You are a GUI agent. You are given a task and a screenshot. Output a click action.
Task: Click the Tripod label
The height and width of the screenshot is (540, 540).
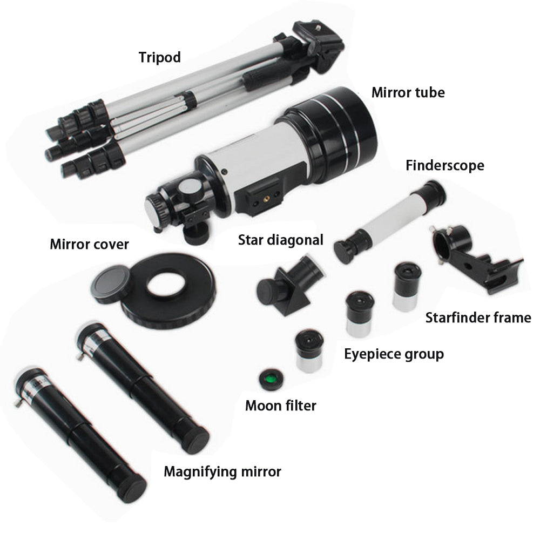click(159, 58)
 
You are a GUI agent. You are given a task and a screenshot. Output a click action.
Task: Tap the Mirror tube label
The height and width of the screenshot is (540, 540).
click(408, 92)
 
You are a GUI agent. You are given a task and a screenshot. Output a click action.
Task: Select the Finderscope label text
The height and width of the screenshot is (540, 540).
click(445, 165)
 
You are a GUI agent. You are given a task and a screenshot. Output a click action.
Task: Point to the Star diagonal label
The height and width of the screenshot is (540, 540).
click(281, 240)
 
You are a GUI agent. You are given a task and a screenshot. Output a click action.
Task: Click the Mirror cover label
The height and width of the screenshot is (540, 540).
click(89, 244)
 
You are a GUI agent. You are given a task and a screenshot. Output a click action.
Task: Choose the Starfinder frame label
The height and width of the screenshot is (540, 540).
click(478, 318)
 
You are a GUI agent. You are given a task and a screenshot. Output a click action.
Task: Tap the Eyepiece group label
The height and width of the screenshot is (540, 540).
click(394, 354)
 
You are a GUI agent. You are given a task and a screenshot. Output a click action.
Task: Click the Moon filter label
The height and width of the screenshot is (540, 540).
click(281, 406)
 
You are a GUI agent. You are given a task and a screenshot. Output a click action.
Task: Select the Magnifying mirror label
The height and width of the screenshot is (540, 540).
click(222, 472)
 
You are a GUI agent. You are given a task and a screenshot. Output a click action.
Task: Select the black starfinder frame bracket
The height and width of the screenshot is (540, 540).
click(477, 258)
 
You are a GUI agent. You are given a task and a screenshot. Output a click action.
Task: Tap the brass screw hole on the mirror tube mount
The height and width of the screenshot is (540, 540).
click(266, 199)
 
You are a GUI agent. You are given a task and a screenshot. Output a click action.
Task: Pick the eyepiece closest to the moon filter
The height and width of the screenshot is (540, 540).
click(309, 350)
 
